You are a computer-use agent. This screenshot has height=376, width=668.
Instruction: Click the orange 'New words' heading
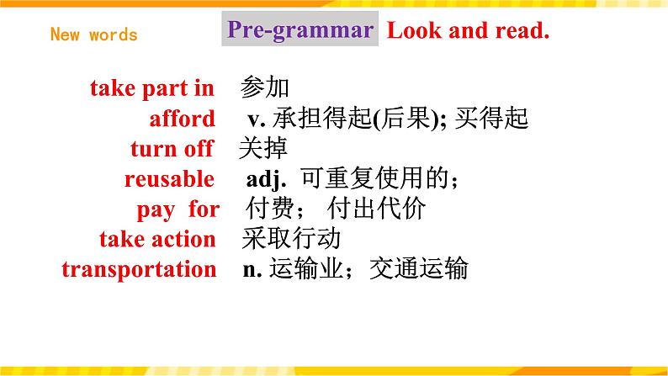pyautogui.click(x=93, y=34)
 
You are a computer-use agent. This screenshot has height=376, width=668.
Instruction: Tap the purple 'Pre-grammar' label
pyautogui.click(x=300, y=29)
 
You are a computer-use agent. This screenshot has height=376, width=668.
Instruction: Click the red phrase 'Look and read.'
pyautogui.click(x=469, y=30)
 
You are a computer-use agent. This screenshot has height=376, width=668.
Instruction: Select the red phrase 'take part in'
pyautogui.click(x=152, y=88)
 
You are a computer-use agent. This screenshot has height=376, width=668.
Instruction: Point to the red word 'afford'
pyautogui.click(x=182, y=118)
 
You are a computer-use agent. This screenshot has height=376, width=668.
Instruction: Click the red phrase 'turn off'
pyautogui.click(x=172, y=149)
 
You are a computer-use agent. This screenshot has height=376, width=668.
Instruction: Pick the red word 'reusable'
pyautogui.click(x=169, y=179)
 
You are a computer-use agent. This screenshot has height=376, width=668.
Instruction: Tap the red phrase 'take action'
pyautogui.click(x=157, y=240)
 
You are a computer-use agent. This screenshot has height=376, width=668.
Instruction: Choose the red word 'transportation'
pyautogui.click(x=140, y=269)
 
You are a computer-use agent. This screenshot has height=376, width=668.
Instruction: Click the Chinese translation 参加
pyautogui.click(x=265, y=87)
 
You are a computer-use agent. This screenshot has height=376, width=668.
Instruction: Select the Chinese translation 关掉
pyautogui.click(x=263, y=148)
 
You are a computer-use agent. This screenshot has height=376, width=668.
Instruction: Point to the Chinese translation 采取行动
pyautogui.click(x=291, y=238)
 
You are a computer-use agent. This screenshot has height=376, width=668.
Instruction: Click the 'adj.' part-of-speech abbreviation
pyautogui.click(x=266, y=179)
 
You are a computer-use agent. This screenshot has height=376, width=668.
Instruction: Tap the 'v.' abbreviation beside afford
pyautogui.click(x=257, y=119)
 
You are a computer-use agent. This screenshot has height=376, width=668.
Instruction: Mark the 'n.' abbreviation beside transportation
pyautogui.click(x=252, y=270)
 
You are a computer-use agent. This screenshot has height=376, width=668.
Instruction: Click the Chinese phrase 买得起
pyautogui.click(x=491, y=118)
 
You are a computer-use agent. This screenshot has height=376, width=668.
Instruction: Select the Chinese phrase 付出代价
pyautogui.click(x=377, y=209)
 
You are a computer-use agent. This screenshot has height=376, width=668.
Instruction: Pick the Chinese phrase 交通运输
pyautogui.click(x=419, y=268)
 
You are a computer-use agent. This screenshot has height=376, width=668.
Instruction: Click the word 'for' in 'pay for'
pyautogui.click(x=204, y=209)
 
